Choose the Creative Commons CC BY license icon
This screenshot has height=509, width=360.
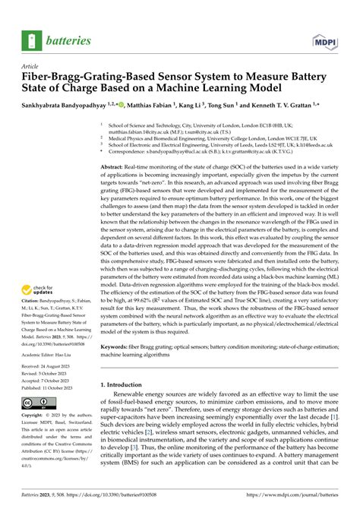(x=38, y=401)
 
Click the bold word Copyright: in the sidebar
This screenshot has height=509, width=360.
(x=37, y=416)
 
